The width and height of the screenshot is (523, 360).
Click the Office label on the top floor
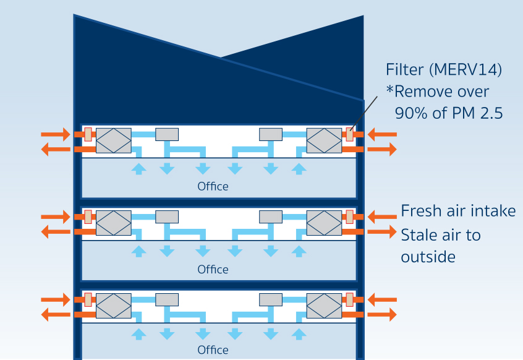pos(213,186)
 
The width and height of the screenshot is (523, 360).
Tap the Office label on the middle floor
pos(213,269)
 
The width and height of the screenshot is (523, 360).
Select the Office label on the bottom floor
pos(213,350)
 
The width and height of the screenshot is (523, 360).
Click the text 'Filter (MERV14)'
pos(443,70)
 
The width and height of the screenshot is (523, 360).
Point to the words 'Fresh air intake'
pos(458,211)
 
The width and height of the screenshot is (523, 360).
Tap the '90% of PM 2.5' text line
pos(448,113)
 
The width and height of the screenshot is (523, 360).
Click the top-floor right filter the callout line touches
pos(350,134)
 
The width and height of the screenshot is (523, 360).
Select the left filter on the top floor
pos(88,134)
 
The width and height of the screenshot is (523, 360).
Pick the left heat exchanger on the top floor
pos(114,140)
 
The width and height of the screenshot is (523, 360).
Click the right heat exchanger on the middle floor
pos(325,222)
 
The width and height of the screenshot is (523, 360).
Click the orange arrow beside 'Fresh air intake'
pos(382,216)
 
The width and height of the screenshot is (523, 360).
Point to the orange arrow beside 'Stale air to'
pos(382,232)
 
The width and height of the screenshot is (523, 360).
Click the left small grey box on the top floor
pos(167,134)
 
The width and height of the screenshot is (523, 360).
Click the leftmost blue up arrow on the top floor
pos(140,168)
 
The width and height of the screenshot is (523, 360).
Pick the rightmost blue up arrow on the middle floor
pos(299,251)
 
